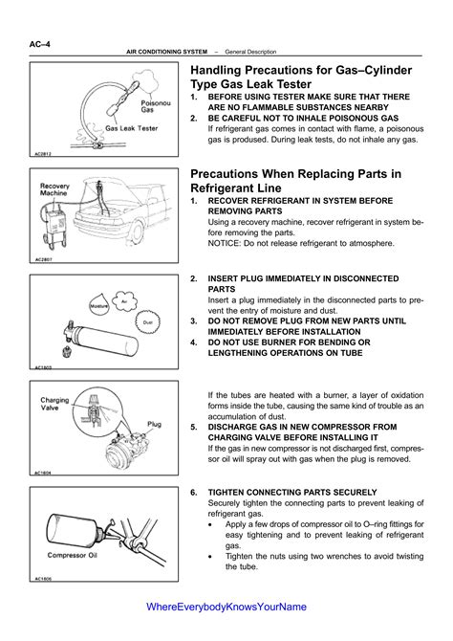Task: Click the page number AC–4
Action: click(x=39, y=44)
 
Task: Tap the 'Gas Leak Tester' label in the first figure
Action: click(x=132, y=128)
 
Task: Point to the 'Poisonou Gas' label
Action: click(x=156, y=106)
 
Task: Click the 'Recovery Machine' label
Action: click(x=54, y=189)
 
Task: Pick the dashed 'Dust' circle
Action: click(x=148, y=322)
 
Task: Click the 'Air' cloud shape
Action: click(x=124, y=301)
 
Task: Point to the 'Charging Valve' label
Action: click(x=54, y=404)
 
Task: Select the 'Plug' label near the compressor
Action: click(x=155, y=424)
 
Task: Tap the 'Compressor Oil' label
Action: click(x=73, y=555)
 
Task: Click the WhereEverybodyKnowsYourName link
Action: click(x=226, y=607)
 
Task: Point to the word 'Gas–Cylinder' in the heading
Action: click(x=374, y=70)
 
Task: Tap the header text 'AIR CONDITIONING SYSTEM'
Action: click(x=166, y=52)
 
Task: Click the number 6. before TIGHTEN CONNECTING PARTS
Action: click(x=194, y=492)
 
